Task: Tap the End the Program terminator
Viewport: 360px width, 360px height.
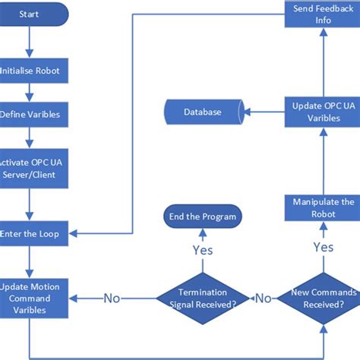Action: pyautogui.click(x=202, y=216)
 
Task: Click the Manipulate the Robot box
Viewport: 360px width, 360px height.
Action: pyautogui.click(x=323, y=207)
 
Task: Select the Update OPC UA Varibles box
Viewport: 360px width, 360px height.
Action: pyautogui.click(x=323, y=112)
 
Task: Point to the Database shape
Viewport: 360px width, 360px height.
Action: pyautogui.click(x=202, y=112)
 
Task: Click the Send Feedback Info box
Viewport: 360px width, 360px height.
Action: pyautogui.click(x=323, y=14)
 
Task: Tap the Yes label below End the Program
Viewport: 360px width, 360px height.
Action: pyautogui.click(x=202, y=249)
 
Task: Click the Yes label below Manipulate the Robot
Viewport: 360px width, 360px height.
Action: pyautogui.click(x=323, y=247)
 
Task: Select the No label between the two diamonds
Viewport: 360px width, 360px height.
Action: pyautogui.click(x=263, y=297)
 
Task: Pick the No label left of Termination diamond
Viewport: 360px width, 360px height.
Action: pyautogui.click(x=112, y=297)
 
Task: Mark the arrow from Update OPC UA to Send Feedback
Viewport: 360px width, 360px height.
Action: pyautogui.click(x=323, y=61)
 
